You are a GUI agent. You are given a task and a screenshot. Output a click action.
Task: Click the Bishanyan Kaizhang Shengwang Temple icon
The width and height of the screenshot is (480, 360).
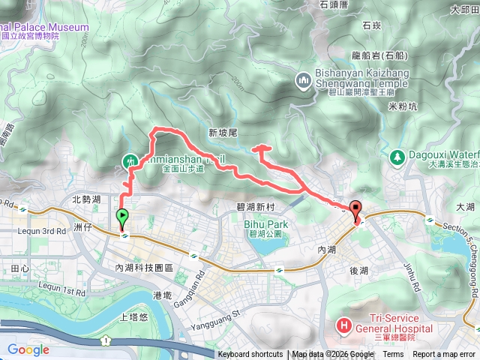[x=304, y=80]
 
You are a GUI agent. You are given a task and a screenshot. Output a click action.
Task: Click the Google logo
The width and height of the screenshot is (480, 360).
[x=28, y=349]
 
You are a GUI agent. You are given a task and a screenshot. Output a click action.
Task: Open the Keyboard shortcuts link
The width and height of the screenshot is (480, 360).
[x=250, y=355]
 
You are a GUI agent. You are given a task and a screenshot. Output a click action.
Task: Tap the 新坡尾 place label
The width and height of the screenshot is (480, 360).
[x=223, y=132]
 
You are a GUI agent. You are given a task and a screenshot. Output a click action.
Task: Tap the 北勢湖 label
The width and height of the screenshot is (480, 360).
[x=86, y=199]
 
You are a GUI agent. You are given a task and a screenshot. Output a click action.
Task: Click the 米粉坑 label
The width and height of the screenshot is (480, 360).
[x=403, y=106]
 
